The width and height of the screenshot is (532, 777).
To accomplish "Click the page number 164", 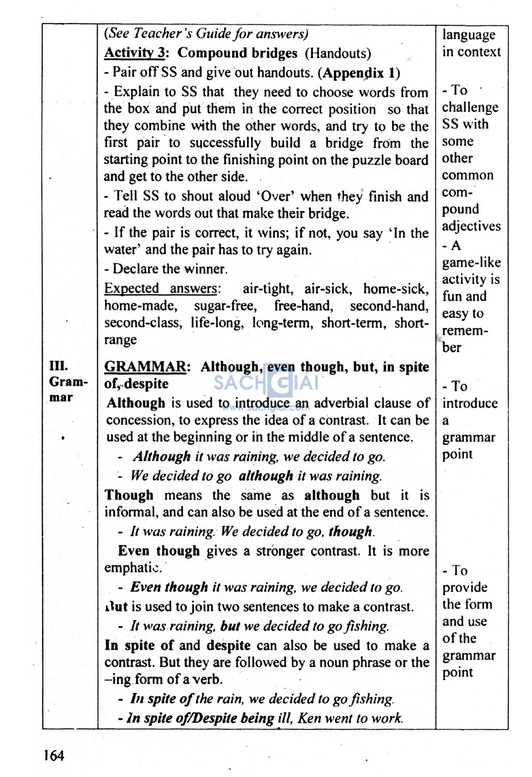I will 54,755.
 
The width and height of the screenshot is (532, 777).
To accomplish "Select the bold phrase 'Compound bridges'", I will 237,53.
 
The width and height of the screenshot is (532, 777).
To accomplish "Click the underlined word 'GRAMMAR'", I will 145,367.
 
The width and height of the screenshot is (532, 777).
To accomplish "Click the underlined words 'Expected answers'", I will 161,288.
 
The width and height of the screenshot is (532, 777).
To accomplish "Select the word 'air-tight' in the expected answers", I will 268,288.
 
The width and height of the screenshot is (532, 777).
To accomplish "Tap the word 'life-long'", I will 217,323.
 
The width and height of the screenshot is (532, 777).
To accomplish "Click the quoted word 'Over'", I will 269,196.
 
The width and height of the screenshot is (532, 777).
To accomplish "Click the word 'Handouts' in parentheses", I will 338,53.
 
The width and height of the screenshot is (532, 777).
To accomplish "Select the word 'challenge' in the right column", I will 470,107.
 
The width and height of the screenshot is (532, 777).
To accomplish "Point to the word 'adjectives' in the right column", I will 471,226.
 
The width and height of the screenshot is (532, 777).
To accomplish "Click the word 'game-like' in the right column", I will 471,262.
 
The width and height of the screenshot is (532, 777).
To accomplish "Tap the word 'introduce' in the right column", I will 470,403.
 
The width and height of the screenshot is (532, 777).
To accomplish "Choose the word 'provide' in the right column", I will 465,588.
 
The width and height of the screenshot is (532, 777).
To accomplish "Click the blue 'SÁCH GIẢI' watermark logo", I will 266,384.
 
